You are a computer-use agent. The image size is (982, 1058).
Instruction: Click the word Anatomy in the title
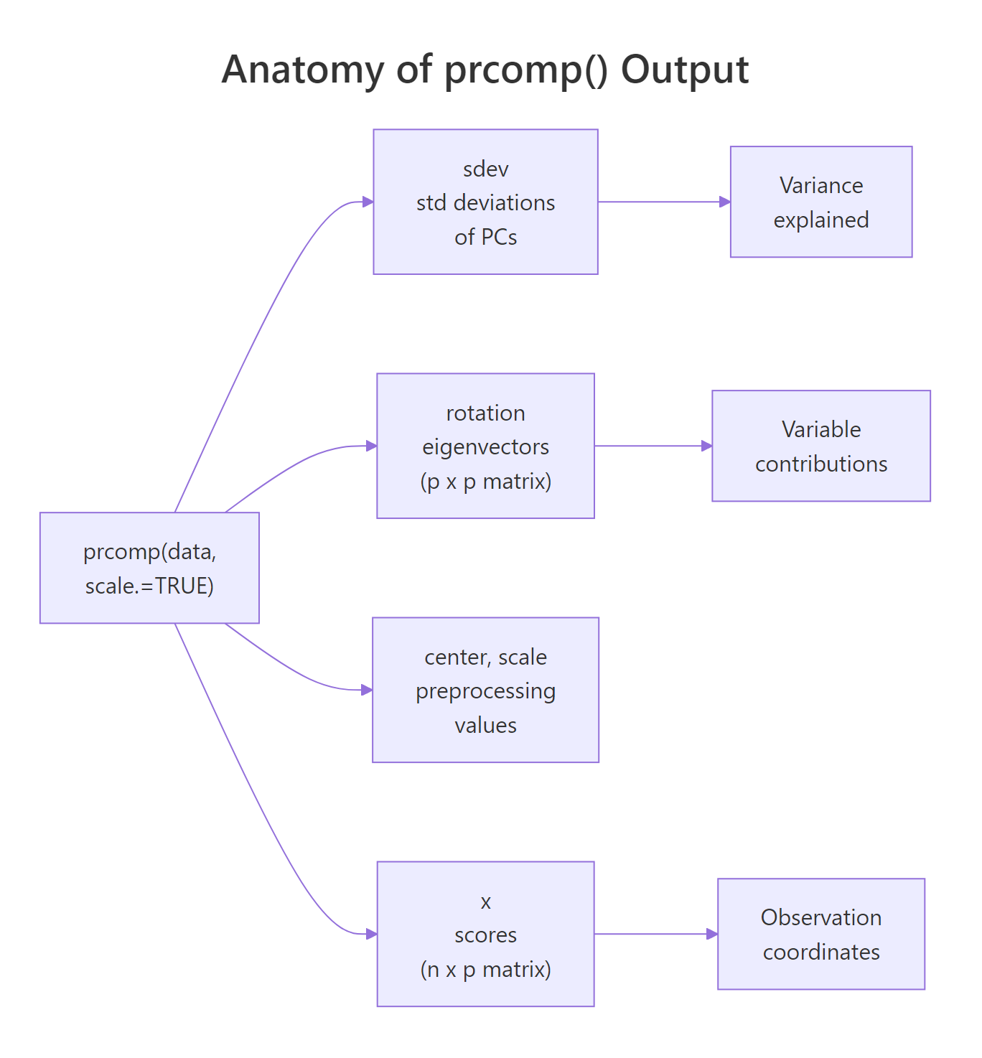(302, 70)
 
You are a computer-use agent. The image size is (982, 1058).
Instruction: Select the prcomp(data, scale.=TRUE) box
(149, 568)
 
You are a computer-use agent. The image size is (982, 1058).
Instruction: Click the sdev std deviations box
(485, 202)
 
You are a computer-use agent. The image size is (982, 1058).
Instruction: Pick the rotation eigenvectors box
(485, 446)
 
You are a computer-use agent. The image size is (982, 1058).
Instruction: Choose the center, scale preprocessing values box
(485, 690)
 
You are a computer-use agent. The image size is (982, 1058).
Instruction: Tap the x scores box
(485, 934)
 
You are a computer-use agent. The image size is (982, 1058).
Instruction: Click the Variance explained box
(821, 202)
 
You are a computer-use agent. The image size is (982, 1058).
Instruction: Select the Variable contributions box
(821, 446)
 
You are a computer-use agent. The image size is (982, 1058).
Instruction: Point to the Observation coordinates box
(821, 934)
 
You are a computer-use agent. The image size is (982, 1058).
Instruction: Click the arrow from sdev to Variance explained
(660, 202)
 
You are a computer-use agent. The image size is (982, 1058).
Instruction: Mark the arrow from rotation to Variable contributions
(650, 446)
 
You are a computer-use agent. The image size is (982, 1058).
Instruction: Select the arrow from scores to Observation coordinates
(653, 934)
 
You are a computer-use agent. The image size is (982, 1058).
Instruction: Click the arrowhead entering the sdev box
(368, 202)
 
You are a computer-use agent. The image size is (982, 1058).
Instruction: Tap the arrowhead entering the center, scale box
(367, 690)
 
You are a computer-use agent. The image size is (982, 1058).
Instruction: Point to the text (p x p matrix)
(485, 481)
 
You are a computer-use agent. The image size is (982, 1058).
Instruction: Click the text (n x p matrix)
(485, 969)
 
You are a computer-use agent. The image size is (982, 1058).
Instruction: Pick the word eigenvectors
(485, 447)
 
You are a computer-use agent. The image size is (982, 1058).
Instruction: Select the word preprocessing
(485, 691)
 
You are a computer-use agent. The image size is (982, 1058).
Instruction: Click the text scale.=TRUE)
(149, 586)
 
